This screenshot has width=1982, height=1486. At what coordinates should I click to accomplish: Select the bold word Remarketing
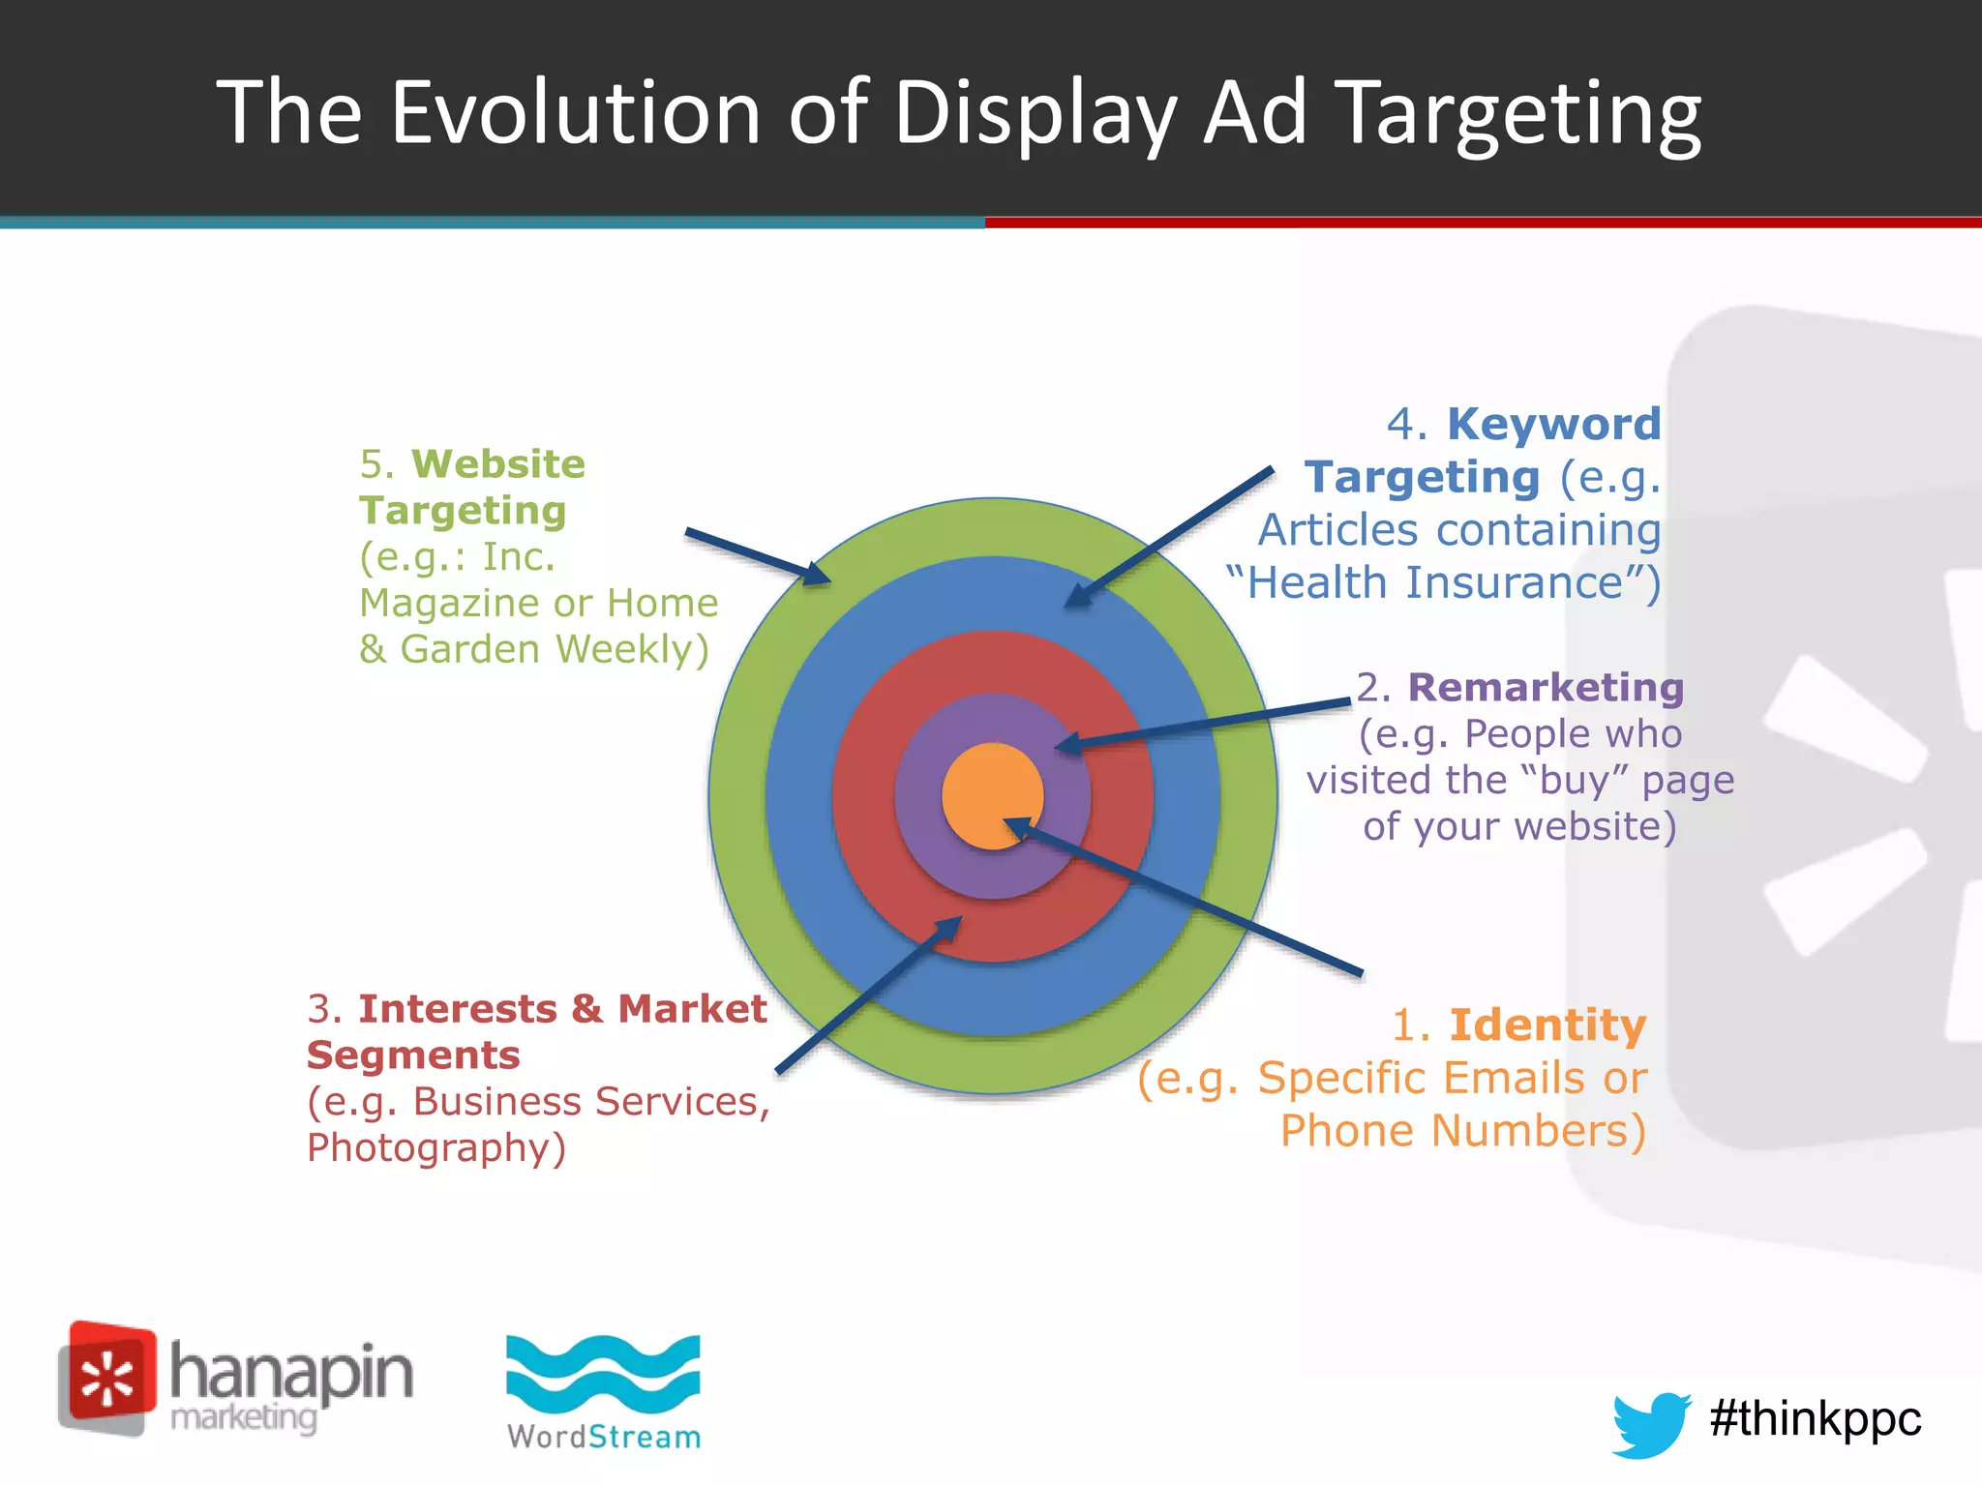(x=1546, y=688)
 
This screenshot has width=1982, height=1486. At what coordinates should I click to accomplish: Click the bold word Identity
(x=1547, y=1025)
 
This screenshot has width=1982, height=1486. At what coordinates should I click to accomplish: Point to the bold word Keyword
(x=1553, y=425)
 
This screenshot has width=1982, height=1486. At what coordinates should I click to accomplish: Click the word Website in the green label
(x=498, y=464)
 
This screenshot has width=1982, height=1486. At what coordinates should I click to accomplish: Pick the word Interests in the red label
(x=458, y=1009)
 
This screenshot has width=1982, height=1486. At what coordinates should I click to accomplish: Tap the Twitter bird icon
(x=1650, y=1423)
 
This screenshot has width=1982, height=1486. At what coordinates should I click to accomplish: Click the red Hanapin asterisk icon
(x=107, y=1378)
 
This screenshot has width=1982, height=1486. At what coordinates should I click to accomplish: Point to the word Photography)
(x=435, y=1148)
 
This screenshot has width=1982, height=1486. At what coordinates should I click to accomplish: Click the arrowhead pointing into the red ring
(x=946, y=929)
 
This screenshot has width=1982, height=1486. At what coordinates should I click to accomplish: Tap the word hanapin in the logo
(x=291, y=1373)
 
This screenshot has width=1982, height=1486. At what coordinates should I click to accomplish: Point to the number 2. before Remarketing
(x=1372, y=688)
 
